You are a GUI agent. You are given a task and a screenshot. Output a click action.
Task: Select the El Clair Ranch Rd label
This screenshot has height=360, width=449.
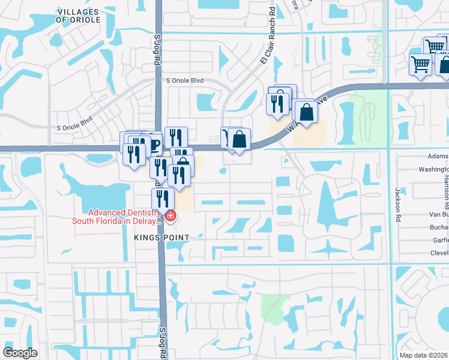tap(268, 45)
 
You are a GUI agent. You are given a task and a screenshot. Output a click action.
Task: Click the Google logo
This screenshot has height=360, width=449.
tap(20, 353)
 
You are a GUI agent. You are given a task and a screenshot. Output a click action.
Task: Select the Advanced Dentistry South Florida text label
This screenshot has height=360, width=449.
tap(116, 217)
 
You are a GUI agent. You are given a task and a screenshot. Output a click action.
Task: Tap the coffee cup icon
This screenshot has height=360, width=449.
tap(154, 144)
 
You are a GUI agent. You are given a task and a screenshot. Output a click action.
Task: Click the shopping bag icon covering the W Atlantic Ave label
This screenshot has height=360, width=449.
tap(306, 112)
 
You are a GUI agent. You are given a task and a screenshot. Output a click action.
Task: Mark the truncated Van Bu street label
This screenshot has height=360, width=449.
tap(439, 214)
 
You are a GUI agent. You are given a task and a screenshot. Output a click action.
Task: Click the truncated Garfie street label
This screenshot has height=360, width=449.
tap(439, 241)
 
